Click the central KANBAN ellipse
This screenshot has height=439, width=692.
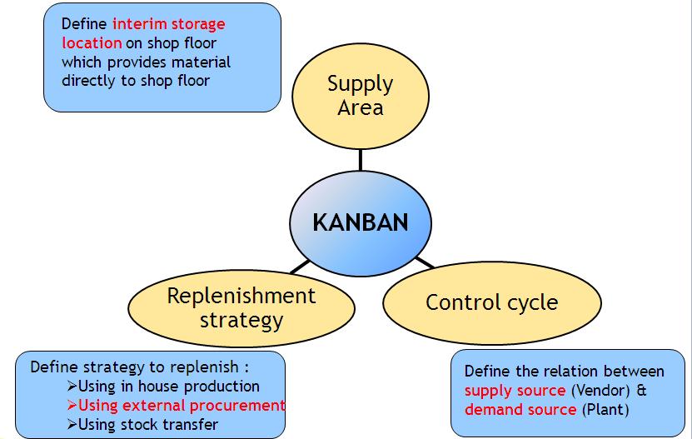[361, 223]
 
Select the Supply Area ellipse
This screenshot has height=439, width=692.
[360, 95]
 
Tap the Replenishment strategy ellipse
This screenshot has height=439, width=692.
[241, 307]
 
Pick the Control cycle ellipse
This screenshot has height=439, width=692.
[491, 302]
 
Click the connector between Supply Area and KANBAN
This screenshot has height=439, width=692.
[361, 160]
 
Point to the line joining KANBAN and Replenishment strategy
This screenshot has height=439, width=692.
[300, 267]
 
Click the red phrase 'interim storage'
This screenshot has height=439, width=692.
[168, 24]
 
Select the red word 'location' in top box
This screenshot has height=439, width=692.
[92, 42]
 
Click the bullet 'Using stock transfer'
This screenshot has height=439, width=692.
[147, 425]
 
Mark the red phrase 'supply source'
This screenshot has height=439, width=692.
[515, 391]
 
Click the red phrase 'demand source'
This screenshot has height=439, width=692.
[520, 410]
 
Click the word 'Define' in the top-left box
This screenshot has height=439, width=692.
[84, 24]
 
